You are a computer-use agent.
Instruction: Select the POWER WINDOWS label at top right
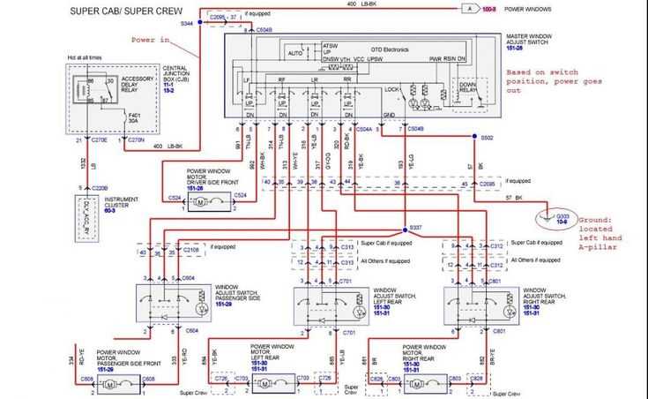pyautogui.click(x=528, y=8)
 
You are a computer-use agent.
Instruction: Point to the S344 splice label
pyautogui.click(x=187, y=24)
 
